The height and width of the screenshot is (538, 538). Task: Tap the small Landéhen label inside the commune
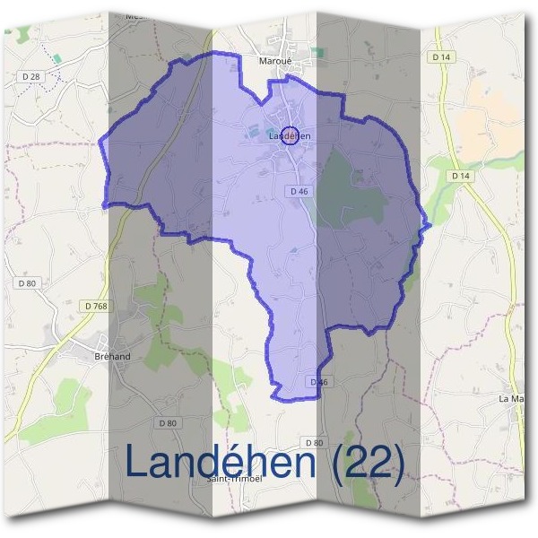[289, 136]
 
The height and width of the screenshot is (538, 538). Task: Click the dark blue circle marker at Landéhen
[289, 136]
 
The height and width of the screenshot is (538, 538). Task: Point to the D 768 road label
[96, 306]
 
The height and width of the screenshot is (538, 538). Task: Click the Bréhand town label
[112, 356]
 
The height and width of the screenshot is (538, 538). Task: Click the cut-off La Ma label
[511, 397]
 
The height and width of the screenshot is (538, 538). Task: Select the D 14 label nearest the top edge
[439, 56]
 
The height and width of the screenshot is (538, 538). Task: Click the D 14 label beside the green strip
[461, 176]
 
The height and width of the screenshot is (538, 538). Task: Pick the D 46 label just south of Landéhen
[299, 191]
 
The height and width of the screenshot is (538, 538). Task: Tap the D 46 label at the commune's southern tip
[319, 382]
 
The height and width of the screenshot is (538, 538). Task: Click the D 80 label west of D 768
[27, 283]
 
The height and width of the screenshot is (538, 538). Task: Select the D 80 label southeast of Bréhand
[167, 422]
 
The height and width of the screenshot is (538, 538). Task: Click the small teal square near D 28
[56, 58]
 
